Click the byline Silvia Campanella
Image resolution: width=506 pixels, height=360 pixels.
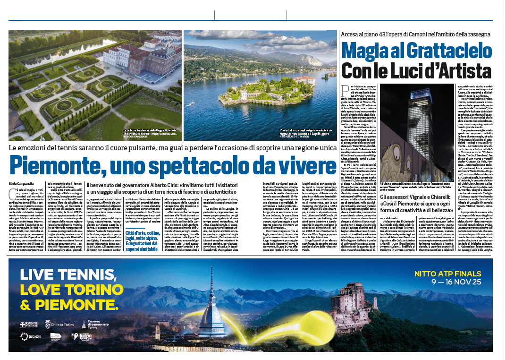[22, 183]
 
